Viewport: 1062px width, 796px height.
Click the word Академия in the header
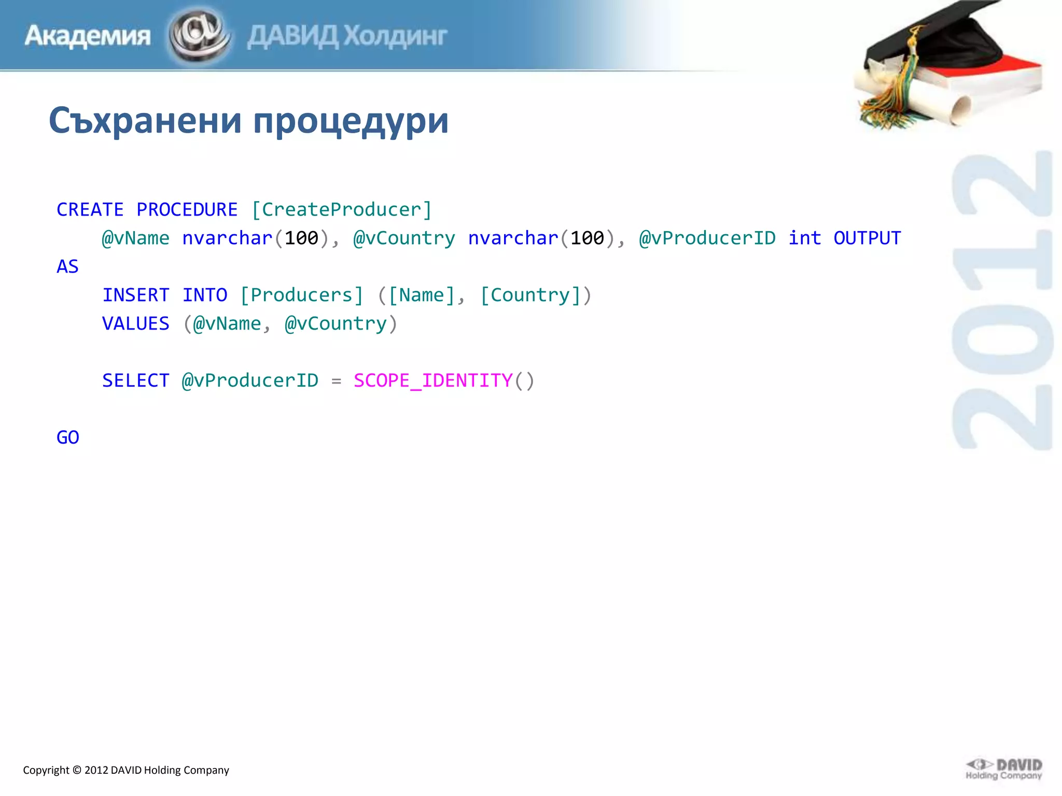pyautogui.click(x=88, y=36)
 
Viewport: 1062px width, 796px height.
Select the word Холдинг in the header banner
pyautogui.click(x=395, y=36)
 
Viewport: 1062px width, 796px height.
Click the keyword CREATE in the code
pyautogui.click(x=90, y=210)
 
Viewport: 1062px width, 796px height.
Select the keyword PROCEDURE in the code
pyautogui.click(x=187, y=210)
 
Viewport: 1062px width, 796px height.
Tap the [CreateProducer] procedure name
pyautogui.click(x=341, y=210)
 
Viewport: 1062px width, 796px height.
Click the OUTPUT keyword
pyautogui.click(x=867, y=238)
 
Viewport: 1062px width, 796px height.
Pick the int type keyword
pyautogui.click(x=804, y=238)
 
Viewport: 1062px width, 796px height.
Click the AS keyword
pyautogui.click(x=67, y=267)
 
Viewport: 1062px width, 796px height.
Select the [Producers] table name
pyautogui.click(x=301, y=295)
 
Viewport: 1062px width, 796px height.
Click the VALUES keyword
pyautogui.click(x=136, y=324)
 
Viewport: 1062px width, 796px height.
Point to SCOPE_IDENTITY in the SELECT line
pyautogui.click(x=433, y=381)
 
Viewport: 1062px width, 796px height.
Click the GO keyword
pyautogui.click(x=67, y=438)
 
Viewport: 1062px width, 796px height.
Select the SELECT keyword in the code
pyautogui.click(x=136, y=381)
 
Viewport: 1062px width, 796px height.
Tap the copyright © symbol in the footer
pyautogui.click(x=77, y=770)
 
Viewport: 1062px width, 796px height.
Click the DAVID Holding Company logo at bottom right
pyautogui.click(x=1004, y=770)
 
